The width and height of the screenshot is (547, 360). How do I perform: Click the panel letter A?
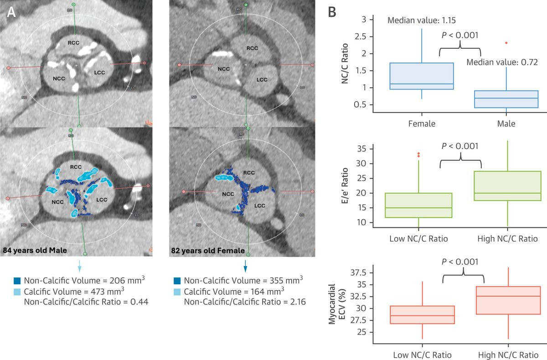tap(12, 14)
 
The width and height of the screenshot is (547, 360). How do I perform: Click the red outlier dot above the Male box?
tap(506, 43)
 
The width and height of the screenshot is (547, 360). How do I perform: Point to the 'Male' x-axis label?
tap(506, 123)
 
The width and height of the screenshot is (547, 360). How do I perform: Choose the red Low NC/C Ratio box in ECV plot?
tap(422, 314)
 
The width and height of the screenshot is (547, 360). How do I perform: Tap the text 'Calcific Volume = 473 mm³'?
tap(75, 291)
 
